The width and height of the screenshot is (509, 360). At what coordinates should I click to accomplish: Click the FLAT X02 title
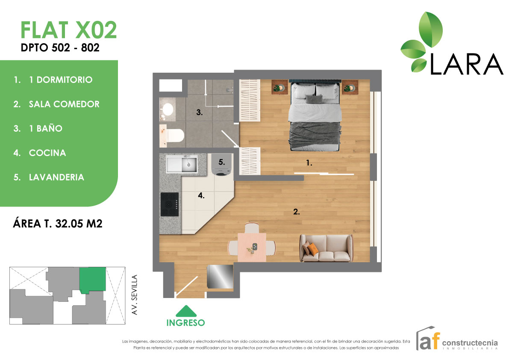68,30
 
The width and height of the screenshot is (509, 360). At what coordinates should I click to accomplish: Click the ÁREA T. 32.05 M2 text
57,223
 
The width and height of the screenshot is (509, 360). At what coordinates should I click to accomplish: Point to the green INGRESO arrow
186,311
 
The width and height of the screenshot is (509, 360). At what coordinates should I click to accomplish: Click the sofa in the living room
326,248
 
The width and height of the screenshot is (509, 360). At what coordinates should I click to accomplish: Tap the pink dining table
252,248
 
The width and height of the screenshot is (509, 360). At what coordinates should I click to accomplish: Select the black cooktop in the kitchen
169,204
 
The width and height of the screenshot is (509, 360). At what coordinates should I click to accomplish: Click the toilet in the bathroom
172,136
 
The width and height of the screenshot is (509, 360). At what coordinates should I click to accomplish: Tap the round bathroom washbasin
168,109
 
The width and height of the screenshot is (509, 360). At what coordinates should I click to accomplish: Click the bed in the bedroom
315,115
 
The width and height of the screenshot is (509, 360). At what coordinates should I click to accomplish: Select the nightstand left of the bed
280,87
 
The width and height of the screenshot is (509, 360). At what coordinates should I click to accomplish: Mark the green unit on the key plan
93,280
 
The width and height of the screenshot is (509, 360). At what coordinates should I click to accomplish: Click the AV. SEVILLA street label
135,295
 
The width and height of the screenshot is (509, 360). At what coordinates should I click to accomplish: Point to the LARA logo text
466,64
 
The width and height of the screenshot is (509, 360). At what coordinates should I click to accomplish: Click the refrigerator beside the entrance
220,277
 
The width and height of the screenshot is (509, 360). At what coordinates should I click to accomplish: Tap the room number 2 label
296,212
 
